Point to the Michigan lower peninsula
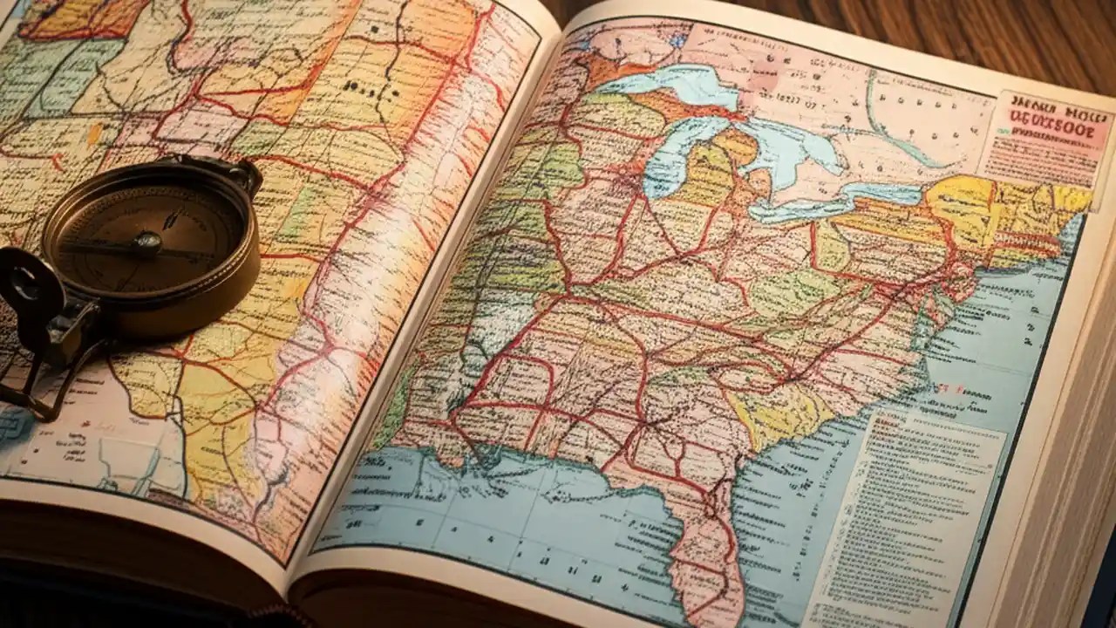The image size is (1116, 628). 715,174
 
